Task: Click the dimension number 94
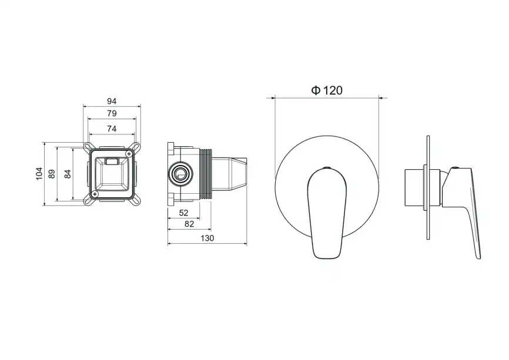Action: pos(112,101)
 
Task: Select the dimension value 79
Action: pos(112,113)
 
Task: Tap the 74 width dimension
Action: pos(112,129)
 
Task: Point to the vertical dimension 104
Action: pos(39,173)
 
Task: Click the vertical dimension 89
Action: pos(52,173)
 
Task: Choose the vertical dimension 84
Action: pos(68,173)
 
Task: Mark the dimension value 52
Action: pos(183,213)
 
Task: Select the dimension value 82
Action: pos(190,224)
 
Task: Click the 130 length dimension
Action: pos(207,238)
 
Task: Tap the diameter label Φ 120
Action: pos(326,90)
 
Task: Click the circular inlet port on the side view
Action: pos(179,173)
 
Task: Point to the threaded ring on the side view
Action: pos(206,173)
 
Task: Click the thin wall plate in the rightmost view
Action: pos(430,188)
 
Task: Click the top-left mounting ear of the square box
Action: pos(88,146)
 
